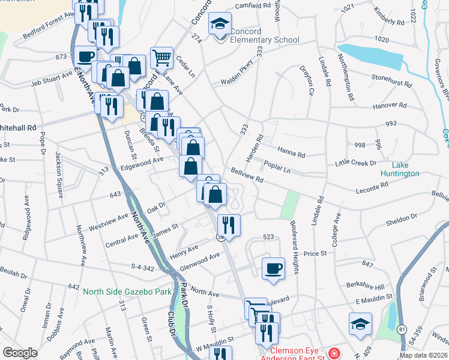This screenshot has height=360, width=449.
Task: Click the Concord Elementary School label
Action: [258, 40]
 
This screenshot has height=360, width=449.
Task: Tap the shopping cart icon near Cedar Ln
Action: [161, 58]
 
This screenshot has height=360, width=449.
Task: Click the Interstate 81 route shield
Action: [401, 328]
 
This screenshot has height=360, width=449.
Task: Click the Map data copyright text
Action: [423, 355]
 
